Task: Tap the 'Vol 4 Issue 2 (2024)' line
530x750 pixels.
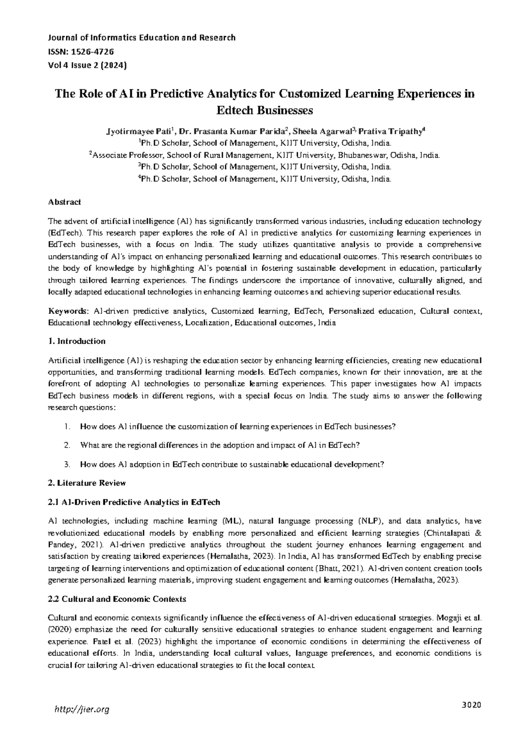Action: [87, 65]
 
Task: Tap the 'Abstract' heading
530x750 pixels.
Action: [64, 202]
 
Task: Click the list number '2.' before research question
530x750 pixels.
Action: [67, 445]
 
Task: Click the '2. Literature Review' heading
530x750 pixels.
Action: [87, 483]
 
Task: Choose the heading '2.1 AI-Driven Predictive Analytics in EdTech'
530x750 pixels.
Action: [134, 502]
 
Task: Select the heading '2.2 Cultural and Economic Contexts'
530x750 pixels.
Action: [117, 599]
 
